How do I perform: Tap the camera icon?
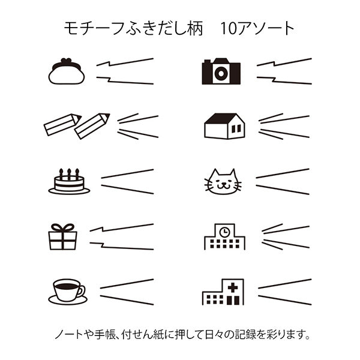tap(221, 71)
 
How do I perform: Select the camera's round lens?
tap(221, 73)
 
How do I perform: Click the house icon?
tap(224, 126)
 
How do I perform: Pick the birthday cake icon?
tap(68, 182)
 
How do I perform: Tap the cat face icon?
tap(223, 181)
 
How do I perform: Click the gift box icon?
tap(62, 236)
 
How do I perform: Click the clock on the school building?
tap(224, 232)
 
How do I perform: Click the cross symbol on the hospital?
tap(232, 288)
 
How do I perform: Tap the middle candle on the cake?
tap(69, 172)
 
